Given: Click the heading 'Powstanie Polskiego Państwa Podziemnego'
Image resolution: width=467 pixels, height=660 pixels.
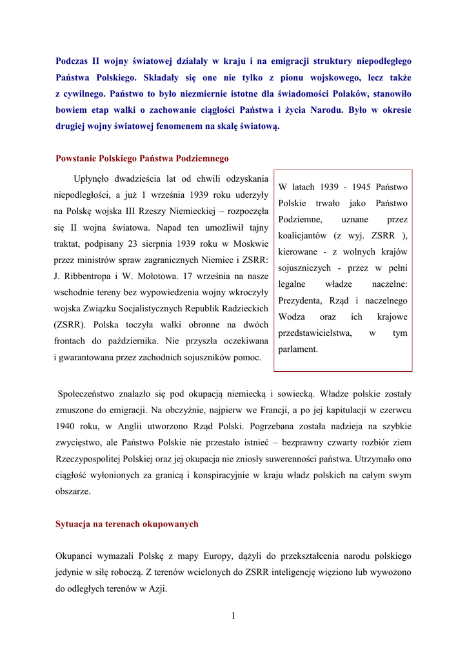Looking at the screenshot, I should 142,158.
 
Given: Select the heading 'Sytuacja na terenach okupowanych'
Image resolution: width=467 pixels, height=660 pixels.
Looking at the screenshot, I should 126,524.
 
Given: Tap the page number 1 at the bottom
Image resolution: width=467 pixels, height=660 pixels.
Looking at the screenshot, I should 233,616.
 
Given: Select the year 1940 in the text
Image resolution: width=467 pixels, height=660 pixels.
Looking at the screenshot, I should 66,426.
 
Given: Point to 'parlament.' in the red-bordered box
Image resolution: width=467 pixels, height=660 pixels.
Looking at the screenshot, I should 298,349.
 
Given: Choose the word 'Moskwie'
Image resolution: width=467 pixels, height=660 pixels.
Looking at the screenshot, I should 250,244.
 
